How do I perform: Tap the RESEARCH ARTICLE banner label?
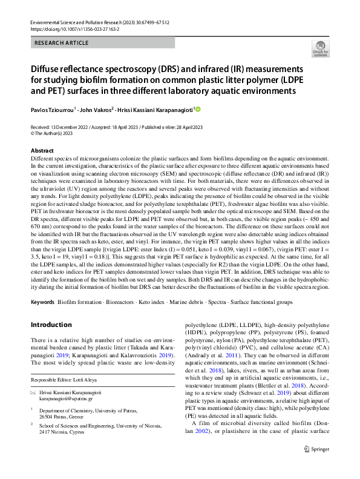[x=62, y=43]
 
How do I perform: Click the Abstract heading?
[x=42, y=150]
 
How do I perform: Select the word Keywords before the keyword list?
[x=42, y=301]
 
